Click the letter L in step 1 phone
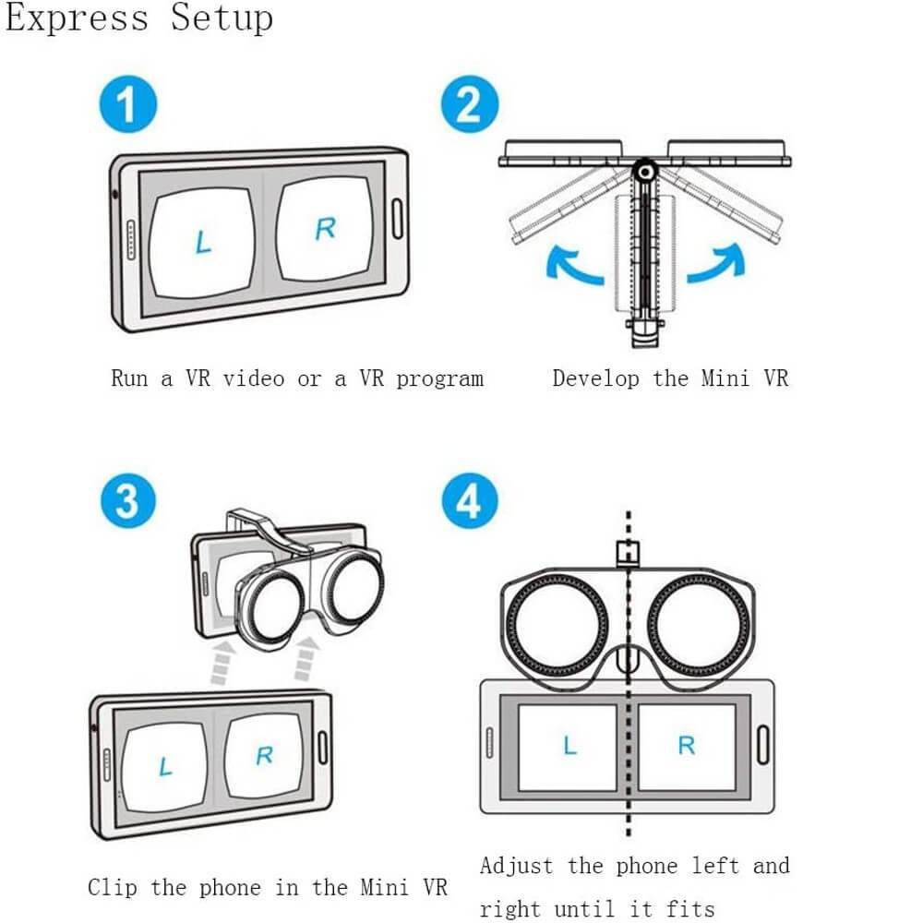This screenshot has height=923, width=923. (204, 242)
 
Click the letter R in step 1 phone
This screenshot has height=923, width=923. (324, 228)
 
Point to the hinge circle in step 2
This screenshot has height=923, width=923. (644, 171)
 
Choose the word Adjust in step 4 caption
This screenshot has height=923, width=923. (516, 866)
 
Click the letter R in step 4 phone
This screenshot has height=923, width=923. (686, 745)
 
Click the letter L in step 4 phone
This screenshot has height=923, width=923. (569, 745)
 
